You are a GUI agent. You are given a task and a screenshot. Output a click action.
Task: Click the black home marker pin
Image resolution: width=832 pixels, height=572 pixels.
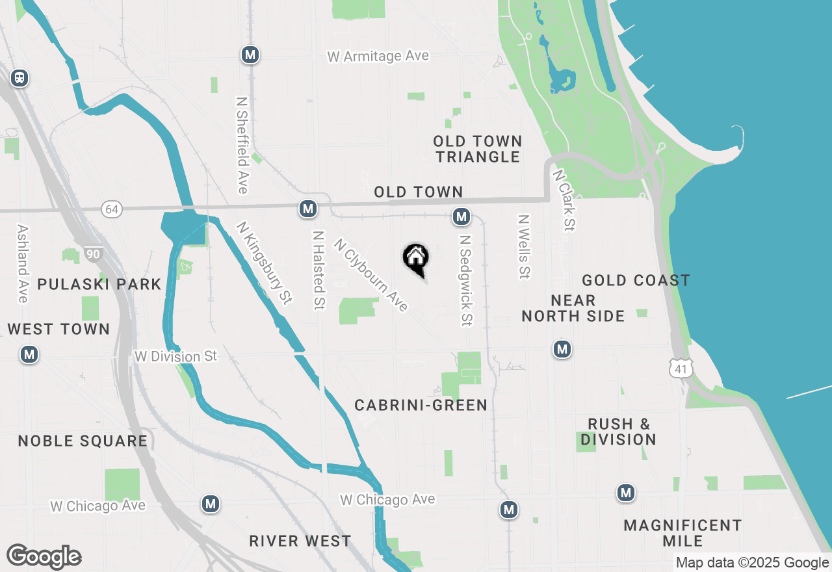point(416,259)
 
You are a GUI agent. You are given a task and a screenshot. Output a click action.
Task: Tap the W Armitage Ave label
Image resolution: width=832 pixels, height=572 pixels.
point(378,57)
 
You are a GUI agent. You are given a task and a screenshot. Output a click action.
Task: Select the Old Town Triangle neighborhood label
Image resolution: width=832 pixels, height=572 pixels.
point(478,149)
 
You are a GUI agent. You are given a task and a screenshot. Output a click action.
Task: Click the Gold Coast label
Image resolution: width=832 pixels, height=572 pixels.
point(636,280)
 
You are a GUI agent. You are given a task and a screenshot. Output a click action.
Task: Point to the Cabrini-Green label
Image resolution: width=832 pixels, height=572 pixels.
point(421,405)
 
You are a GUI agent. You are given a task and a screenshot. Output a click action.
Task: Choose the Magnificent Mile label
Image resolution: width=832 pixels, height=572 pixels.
point(682,533)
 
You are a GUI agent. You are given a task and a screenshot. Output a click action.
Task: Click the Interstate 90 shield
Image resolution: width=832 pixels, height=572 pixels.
point(93,254)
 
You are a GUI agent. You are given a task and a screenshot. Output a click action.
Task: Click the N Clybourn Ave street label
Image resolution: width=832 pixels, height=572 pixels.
point(370,275)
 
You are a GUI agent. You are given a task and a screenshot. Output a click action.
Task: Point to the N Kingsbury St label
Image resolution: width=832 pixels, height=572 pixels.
point(264,262)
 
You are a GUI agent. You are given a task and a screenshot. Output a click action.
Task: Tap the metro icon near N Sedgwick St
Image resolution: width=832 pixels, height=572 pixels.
point(461,216)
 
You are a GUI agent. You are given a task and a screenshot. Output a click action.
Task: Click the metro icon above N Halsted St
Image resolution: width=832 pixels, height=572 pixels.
point(307,209)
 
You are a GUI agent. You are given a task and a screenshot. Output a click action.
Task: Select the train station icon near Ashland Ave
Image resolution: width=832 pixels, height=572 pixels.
point(19,78)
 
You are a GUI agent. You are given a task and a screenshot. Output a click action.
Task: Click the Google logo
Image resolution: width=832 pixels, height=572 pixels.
point(44,556)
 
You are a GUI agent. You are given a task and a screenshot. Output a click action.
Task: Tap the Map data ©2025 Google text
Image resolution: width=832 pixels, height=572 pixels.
point(752,563)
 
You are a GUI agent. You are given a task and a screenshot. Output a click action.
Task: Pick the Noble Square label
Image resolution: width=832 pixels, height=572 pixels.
point(83,441)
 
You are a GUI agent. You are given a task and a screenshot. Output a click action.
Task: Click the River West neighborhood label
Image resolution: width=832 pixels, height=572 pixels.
point(300,541)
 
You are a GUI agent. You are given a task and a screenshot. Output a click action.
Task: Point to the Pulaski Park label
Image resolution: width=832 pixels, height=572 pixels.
point(99,284)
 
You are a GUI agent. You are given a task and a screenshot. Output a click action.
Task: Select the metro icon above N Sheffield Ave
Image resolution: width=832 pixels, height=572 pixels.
point(250,55)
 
